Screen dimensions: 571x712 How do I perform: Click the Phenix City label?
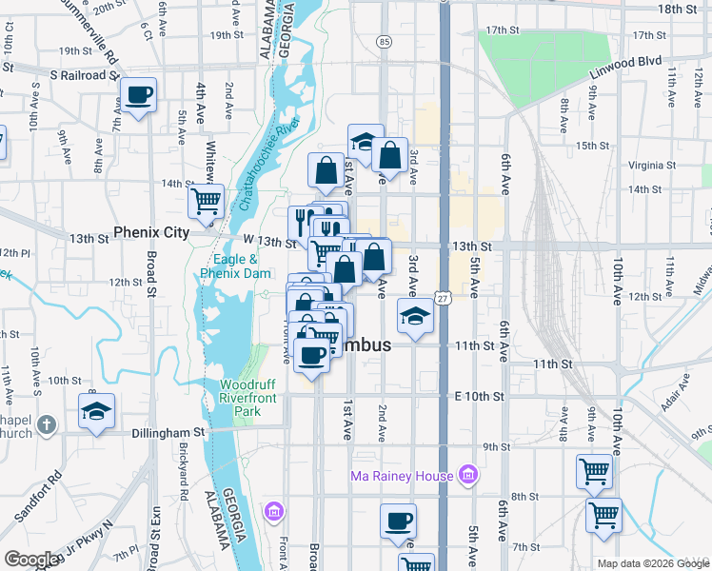point(152,231)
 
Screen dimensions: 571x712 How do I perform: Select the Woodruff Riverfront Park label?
point(253,398)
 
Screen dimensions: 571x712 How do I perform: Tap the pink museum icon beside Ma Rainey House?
point(467,474)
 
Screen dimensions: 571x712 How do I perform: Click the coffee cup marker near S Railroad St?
point(139,95)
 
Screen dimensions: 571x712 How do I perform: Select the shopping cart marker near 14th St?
point(206,201)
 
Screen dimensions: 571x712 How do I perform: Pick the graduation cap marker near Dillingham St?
point(96,411)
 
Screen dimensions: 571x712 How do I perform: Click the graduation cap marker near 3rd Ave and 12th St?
point(415,316)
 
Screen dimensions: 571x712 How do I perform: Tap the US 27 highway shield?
point(444,299)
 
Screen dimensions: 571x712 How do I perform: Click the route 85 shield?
point(384,42)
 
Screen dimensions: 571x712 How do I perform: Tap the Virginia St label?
point(652,164)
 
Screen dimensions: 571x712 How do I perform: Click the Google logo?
point(31,560)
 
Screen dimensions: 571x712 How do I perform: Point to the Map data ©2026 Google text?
point(653,563)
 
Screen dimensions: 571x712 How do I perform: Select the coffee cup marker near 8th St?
point(398,522)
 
